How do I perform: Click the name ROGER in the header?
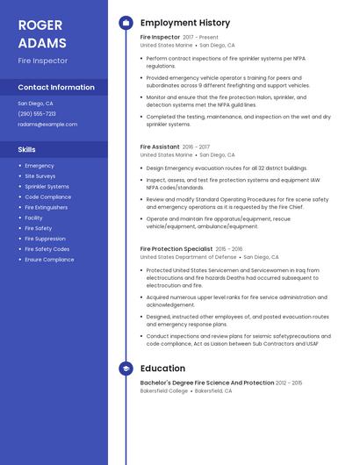point(40,25)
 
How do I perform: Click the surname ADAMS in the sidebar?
point(42,43)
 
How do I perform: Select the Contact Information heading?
point(56,88)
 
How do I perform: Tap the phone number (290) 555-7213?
point(37,114)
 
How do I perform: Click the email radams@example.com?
point(47,125)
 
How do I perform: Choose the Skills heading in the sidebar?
point(27,150)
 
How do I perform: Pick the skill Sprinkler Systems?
point(47,187)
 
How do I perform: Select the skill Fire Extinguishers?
point(46,208)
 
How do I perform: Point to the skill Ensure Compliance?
point(49,260)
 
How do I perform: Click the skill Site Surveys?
point(40,176)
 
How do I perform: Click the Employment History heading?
point(185,23)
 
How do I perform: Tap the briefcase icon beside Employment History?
point(126,23)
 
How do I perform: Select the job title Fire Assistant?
point(160,147)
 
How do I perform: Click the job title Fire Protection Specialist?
point(176,249)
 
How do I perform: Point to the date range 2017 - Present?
point(200,38)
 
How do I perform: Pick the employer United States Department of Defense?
point(189,257)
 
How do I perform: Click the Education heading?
point(162,368)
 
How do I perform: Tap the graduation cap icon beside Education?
point(126,368)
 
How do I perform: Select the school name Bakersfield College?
point(164,390)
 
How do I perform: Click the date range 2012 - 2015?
point(289,383)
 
